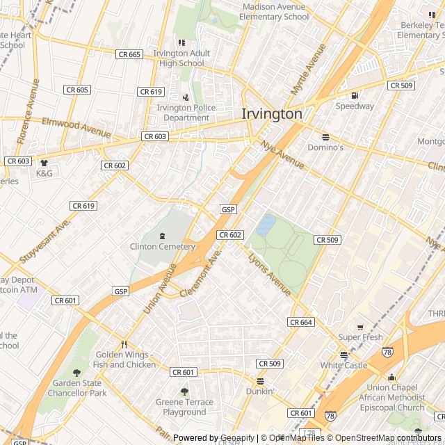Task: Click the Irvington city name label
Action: point(272,114)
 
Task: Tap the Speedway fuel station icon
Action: point(355,95)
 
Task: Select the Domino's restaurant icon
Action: point(325,137)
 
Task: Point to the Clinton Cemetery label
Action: point(163,246)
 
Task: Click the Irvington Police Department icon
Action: point(185,97)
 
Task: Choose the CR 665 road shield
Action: point(129,54)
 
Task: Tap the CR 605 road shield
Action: point(76,90)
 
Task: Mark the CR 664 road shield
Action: point(301,322)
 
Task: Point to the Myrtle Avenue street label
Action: point(308,70)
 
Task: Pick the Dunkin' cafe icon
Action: point(260,381)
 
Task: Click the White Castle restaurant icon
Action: point(343,354)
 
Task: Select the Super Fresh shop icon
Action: point(360,327)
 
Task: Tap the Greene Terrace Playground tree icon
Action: point(184,391)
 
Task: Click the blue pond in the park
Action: point(266,225)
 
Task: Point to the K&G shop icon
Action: point(44,163)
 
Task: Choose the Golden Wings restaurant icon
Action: point(124,344)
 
